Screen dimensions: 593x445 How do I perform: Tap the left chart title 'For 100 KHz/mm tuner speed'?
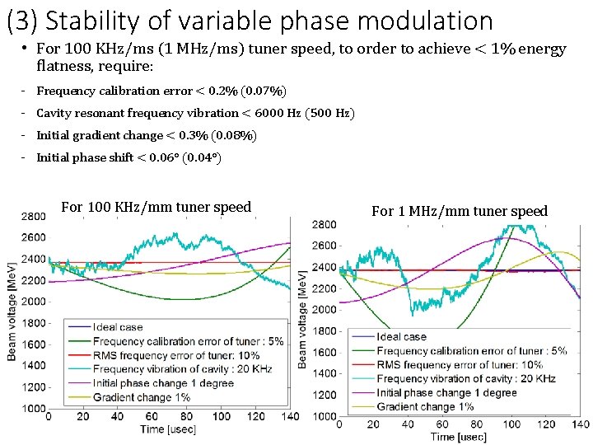tap(156, 207)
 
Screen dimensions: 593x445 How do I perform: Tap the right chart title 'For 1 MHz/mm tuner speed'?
tap(460, 211)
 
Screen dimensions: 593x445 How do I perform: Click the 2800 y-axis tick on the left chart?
tap(33, 217)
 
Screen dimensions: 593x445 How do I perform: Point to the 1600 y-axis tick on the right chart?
tap(324, 353)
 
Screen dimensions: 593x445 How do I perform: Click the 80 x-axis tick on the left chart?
tap(186, 417)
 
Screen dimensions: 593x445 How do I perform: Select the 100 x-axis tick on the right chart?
tap(511, 424)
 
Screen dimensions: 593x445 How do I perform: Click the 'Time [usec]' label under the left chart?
tap(168, 429)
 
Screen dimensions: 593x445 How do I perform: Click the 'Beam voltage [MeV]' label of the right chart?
tap(301, 320)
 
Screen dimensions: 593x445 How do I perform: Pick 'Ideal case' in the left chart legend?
tap(118, 327)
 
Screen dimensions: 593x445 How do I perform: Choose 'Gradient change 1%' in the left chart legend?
tap(142, 397)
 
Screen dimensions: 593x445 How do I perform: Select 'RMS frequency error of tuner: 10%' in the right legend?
tap(460, 365)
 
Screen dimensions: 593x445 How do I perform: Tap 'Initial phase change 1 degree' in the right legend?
tap(446, 393)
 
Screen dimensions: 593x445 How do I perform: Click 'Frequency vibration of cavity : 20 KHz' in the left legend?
tap(182, 369)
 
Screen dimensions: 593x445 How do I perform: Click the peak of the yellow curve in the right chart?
tap(558, 252)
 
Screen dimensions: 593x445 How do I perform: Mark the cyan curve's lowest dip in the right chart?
tap(413, 315)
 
